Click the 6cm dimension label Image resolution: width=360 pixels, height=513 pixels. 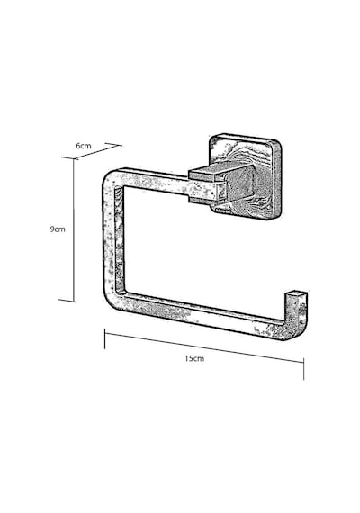pos(84,146)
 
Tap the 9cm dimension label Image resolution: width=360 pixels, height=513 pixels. pos(58,229)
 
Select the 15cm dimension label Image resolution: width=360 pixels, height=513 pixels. pos(194,358)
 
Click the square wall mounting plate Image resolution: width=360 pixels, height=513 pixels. pos(245,176)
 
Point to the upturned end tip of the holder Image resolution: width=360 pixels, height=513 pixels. pos(297,293)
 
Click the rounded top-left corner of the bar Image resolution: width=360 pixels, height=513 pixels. pos(110,178)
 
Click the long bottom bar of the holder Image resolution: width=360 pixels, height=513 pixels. pos(200,314)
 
